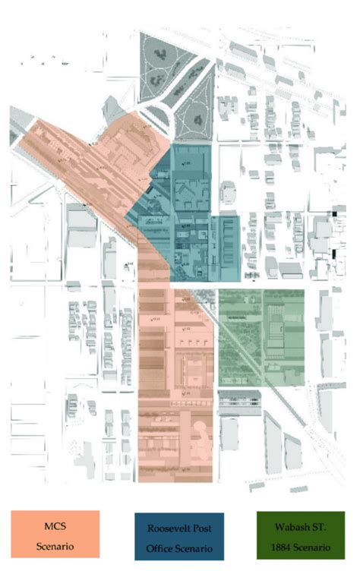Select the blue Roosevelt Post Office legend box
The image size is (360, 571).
[181, 534]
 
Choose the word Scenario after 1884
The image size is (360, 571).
[320, 547]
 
